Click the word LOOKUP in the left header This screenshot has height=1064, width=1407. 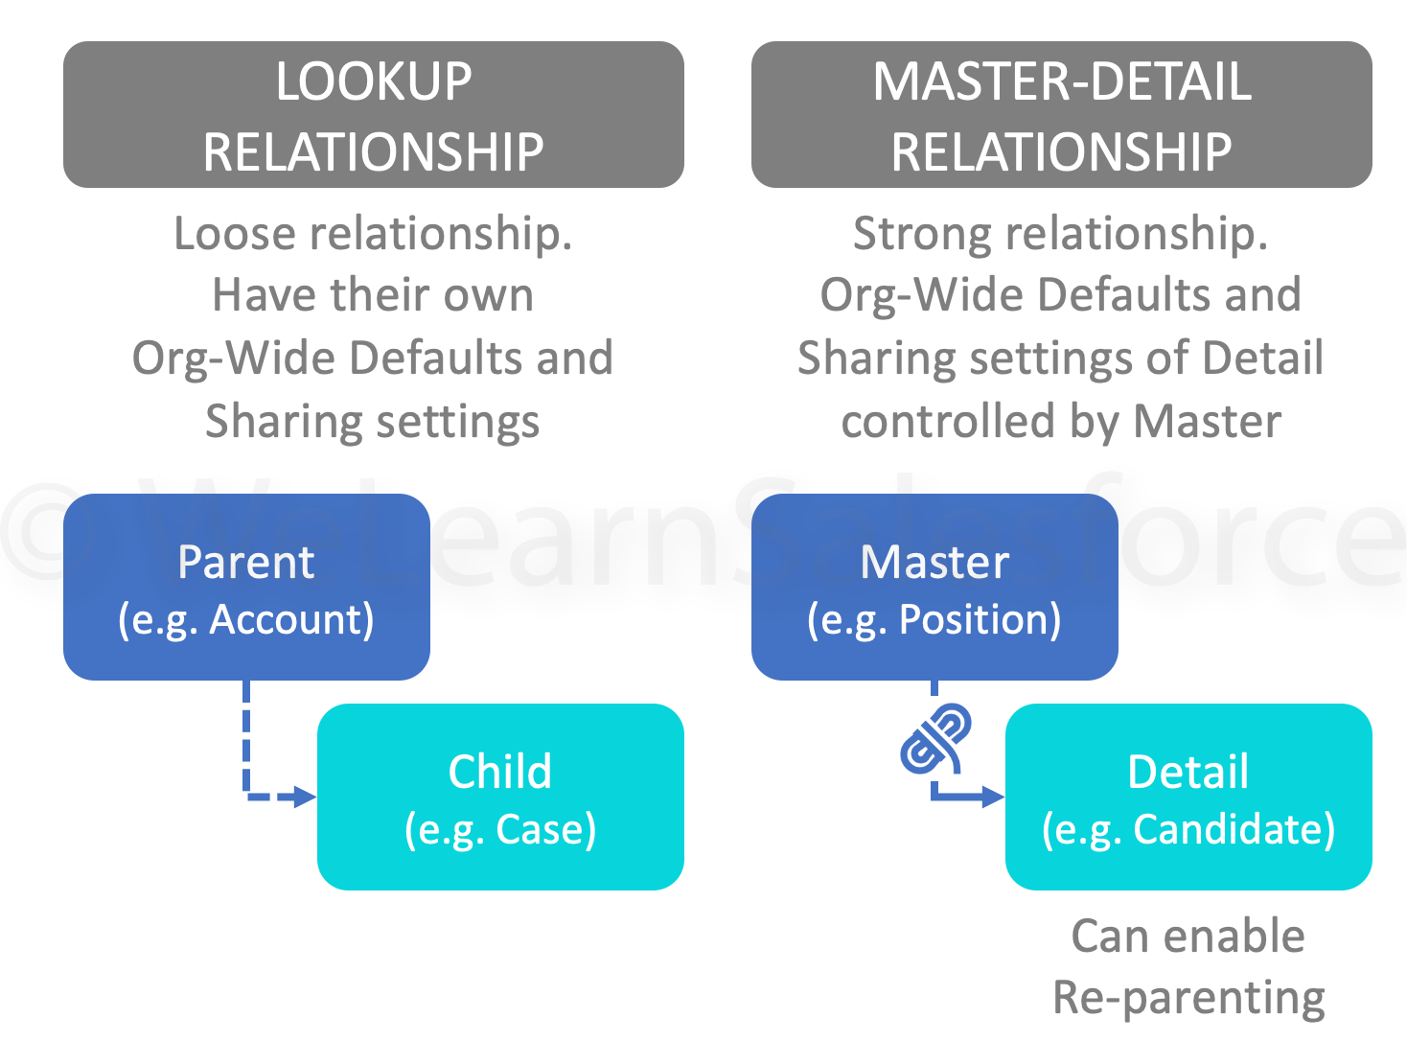click(x=374, y=82)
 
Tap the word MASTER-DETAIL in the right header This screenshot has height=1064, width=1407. click(x=1062, y=82)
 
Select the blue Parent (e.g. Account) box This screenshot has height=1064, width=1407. click(x=246, y=587)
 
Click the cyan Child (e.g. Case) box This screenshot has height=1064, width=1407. click(x=500, y=797)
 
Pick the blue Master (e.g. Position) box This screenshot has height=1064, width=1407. click(x=934, y=587)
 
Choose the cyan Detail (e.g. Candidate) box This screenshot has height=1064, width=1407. click(x=1188, y=797)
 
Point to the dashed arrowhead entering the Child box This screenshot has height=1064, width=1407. click(x=305, y=797)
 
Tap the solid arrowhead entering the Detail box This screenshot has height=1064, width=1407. click(x=993, y=797)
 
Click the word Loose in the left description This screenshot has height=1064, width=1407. click(x=234, y=234)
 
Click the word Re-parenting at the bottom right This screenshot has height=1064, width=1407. click(x=1188, y=998)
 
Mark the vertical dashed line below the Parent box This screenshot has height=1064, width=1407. click(x=246, y=733)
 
